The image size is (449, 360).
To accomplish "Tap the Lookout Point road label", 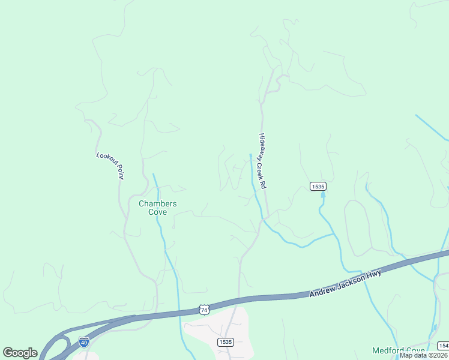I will [x=110, y=165].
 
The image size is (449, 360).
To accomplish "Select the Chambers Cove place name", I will [x=157, y=208].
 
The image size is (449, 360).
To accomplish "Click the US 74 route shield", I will [x=204, y=310].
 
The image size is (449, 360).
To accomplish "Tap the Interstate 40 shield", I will [x=84, y=342].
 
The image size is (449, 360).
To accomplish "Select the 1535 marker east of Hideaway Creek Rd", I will [x=318, y=187].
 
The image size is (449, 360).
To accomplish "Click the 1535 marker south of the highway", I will [x=225, y=341].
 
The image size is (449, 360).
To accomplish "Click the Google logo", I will [x=20, y=352].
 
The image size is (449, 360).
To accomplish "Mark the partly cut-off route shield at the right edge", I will [x=444, y=346].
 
